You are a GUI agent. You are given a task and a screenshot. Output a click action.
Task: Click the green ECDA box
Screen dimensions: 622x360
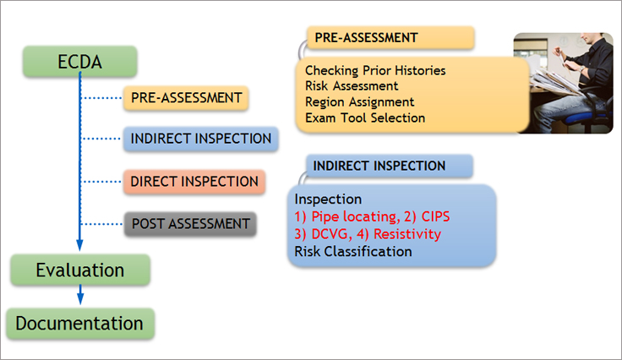click(79, 62)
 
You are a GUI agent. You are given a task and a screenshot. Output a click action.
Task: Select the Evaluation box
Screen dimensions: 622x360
click(80, 270)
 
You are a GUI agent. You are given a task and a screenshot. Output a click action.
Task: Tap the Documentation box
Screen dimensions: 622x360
click(80, 324)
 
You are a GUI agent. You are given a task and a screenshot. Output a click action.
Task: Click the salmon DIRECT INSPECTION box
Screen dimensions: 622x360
click(194, 182)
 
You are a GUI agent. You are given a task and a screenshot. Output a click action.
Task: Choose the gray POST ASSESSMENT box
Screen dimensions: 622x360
click(190, 224)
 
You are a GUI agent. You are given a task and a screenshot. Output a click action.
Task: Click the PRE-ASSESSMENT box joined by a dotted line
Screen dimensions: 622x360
click(186, 98)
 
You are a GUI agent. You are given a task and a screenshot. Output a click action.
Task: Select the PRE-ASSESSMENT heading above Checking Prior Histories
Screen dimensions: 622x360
click(390, 38)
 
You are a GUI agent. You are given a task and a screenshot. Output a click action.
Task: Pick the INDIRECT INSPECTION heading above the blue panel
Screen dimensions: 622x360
click(390, 166)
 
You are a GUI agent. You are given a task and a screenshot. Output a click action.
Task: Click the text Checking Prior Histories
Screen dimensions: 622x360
click(375, 71)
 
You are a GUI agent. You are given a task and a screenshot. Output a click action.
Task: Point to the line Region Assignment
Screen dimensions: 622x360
click(359, 102)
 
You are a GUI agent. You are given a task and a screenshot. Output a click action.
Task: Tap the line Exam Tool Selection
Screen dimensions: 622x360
click(365, 117)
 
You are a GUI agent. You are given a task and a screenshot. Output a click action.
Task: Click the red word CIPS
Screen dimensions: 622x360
click(435, 216)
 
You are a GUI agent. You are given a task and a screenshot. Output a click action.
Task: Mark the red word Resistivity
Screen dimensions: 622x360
click(407, 234)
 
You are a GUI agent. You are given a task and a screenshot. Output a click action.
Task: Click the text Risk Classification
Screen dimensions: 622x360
click(353, 251)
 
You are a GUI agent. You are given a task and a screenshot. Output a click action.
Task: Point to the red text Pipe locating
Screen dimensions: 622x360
click(354, 217)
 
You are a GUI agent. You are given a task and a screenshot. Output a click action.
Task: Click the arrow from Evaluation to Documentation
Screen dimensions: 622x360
click(80, 295)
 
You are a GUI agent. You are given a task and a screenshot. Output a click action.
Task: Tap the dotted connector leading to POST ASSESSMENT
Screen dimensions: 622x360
click(102, 224)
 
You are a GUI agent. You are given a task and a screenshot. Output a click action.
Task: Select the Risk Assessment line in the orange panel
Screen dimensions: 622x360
click(352, 86)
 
